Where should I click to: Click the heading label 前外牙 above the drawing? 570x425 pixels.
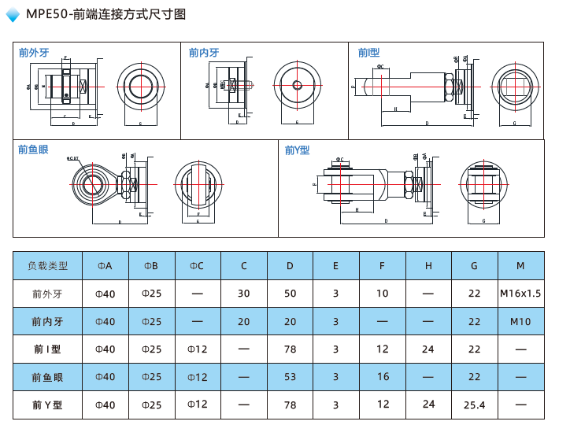point(34,53)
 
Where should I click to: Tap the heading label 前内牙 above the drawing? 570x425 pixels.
point(204,53)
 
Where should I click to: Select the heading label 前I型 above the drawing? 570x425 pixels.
point(368,53)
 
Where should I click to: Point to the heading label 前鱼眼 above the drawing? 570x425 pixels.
point(33,150)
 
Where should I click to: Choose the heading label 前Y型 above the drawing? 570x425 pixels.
point(297,150)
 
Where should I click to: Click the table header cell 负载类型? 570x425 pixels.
point(48,266)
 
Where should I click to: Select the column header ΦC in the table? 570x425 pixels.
point(197,266)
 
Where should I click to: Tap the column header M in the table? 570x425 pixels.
point(520,266)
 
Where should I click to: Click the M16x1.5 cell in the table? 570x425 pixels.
point(520,294)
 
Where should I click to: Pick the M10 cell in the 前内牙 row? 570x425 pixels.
point(520,321)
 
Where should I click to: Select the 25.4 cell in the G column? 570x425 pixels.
point(474,405)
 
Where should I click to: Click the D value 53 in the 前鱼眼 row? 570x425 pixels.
point(290,377)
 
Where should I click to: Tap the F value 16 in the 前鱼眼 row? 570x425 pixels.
point(383,377)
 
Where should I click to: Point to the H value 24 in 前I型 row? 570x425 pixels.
point(428,349)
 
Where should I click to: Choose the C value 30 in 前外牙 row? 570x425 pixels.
point(243,294)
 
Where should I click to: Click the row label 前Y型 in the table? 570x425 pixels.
point(48,405)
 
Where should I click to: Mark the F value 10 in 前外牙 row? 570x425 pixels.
point(383,294)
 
